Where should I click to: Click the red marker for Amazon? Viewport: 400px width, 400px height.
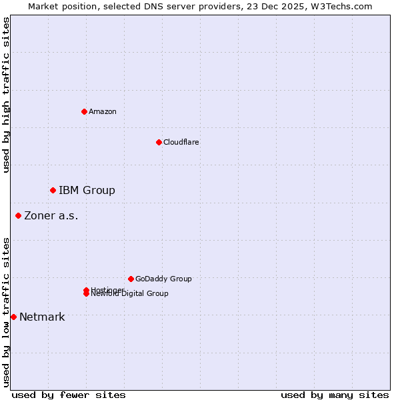point(85,111)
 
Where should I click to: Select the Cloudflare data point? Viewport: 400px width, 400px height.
point(159,142)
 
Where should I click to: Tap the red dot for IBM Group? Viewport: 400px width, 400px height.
point(53,191)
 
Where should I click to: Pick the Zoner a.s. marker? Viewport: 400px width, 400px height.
point(19,215)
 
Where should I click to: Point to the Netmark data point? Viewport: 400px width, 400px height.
point(13,317)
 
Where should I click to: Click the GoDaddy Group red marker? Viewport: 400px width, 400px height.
point(131,279)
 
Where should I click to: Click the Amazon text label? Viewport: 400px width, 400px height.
point(103,111)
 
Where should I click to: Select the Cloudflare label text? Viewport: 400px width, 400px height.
point(181,142)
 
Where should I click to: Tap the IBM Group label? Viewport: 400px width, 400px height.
point(87,191)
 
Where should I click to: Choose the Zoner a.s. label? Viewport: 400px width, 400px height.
point(51,215)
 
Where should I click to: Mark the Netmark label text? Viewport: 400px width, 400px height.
point(42,317)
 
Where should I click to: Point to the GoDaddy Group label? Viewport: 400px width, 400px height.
point(163,279)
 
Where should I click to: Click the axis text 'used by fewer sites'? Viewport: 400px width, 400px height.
point(69,395)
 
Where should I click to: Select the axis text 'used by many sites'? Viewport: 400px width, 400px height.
point(335,395)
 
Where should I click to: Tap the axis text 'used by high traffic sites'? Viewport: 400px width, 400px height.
point(6,95)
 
